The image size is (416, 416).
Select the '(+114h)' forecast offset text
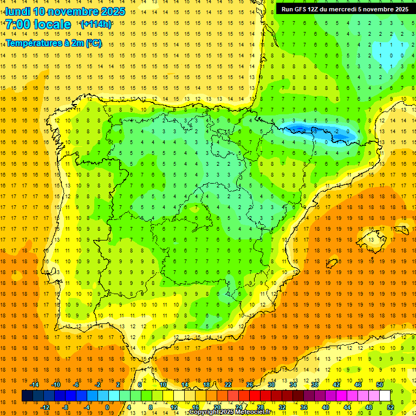[x=96, y=24]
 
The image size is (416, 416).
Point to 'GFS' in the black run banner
[x=303, y=9]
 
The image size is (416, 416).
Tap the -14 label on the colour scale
[x=35, y=385]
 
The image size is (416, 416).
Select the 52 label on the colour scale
[x=391, y=407]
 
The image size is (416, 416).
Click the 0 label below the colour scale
[x=107, y=407]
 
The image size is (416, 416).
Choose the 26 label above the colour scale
[x=250, y=385]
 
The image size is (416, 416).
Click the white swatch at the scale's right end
[x=385, y=396]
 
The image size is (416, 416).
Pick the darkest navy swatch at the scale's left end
[x=27, y=396]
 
